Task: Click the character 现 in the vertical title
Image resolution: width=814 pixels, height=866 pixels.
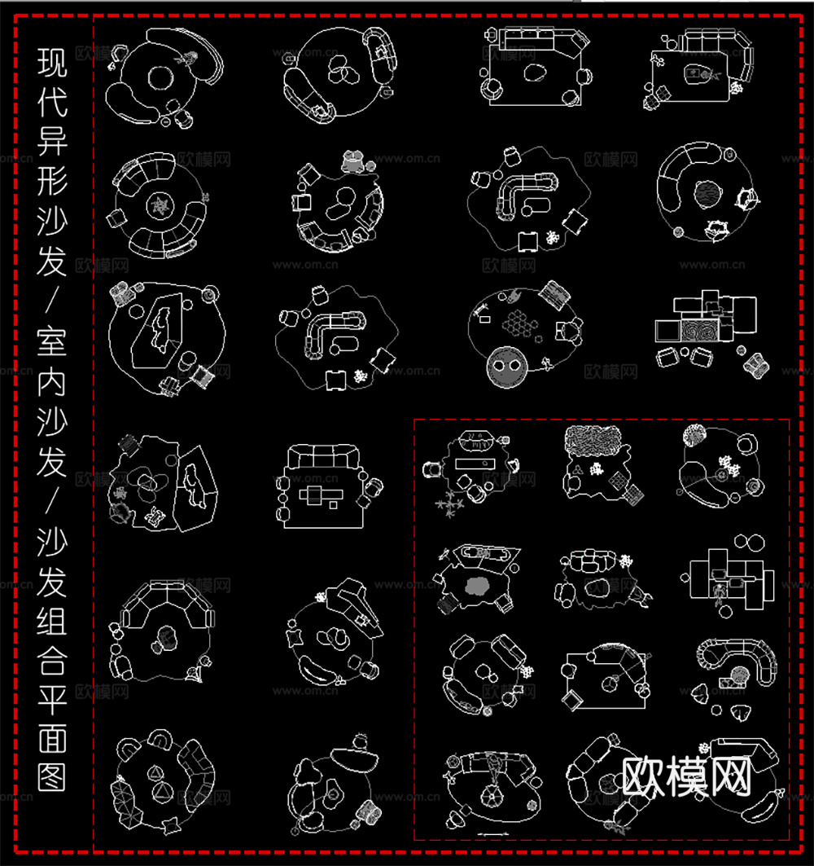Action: [x=53, y=63]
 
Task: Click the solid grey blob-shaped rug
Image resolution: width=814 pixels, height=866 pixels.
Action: [x=475, y=584]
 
